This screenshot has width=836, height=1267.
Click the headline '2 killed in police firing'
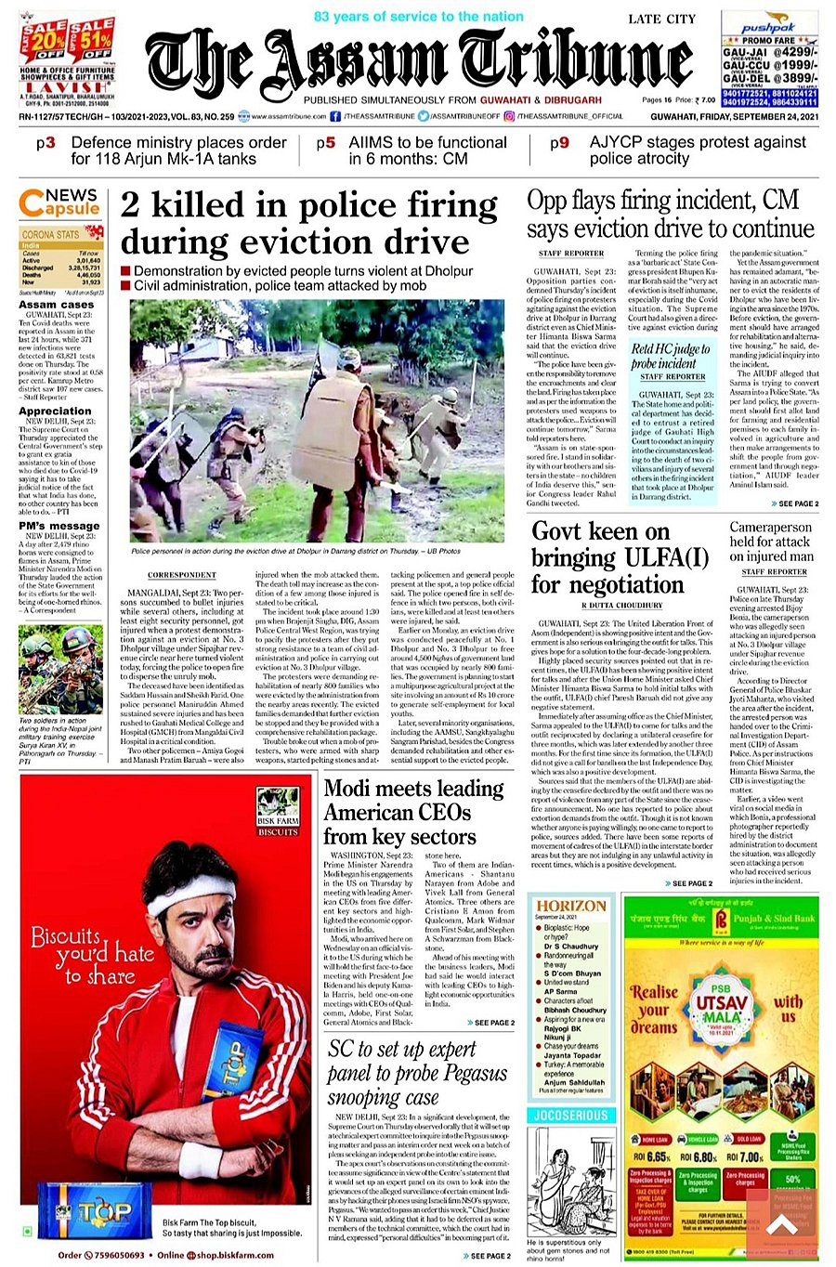[308, 223]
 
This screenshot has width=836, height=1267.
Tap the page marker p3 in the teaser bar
[46, 143]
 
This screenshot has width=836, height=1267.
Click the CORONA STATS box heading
[51, 235]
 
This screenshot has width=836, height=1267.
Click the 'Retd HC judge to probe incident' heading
[671, 356]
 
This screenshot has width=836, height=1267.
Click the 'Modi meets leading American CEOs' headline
[412, 812]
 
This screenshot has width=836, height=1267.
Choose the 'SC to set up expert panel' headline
[416, 1073]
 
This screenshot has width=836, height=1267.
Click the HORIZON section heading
[571, 906]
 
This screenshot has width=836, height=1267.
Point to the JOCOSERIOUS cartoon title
[570, 1115]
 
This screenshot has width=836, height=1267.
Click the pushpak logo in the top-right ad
[768, 29]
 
